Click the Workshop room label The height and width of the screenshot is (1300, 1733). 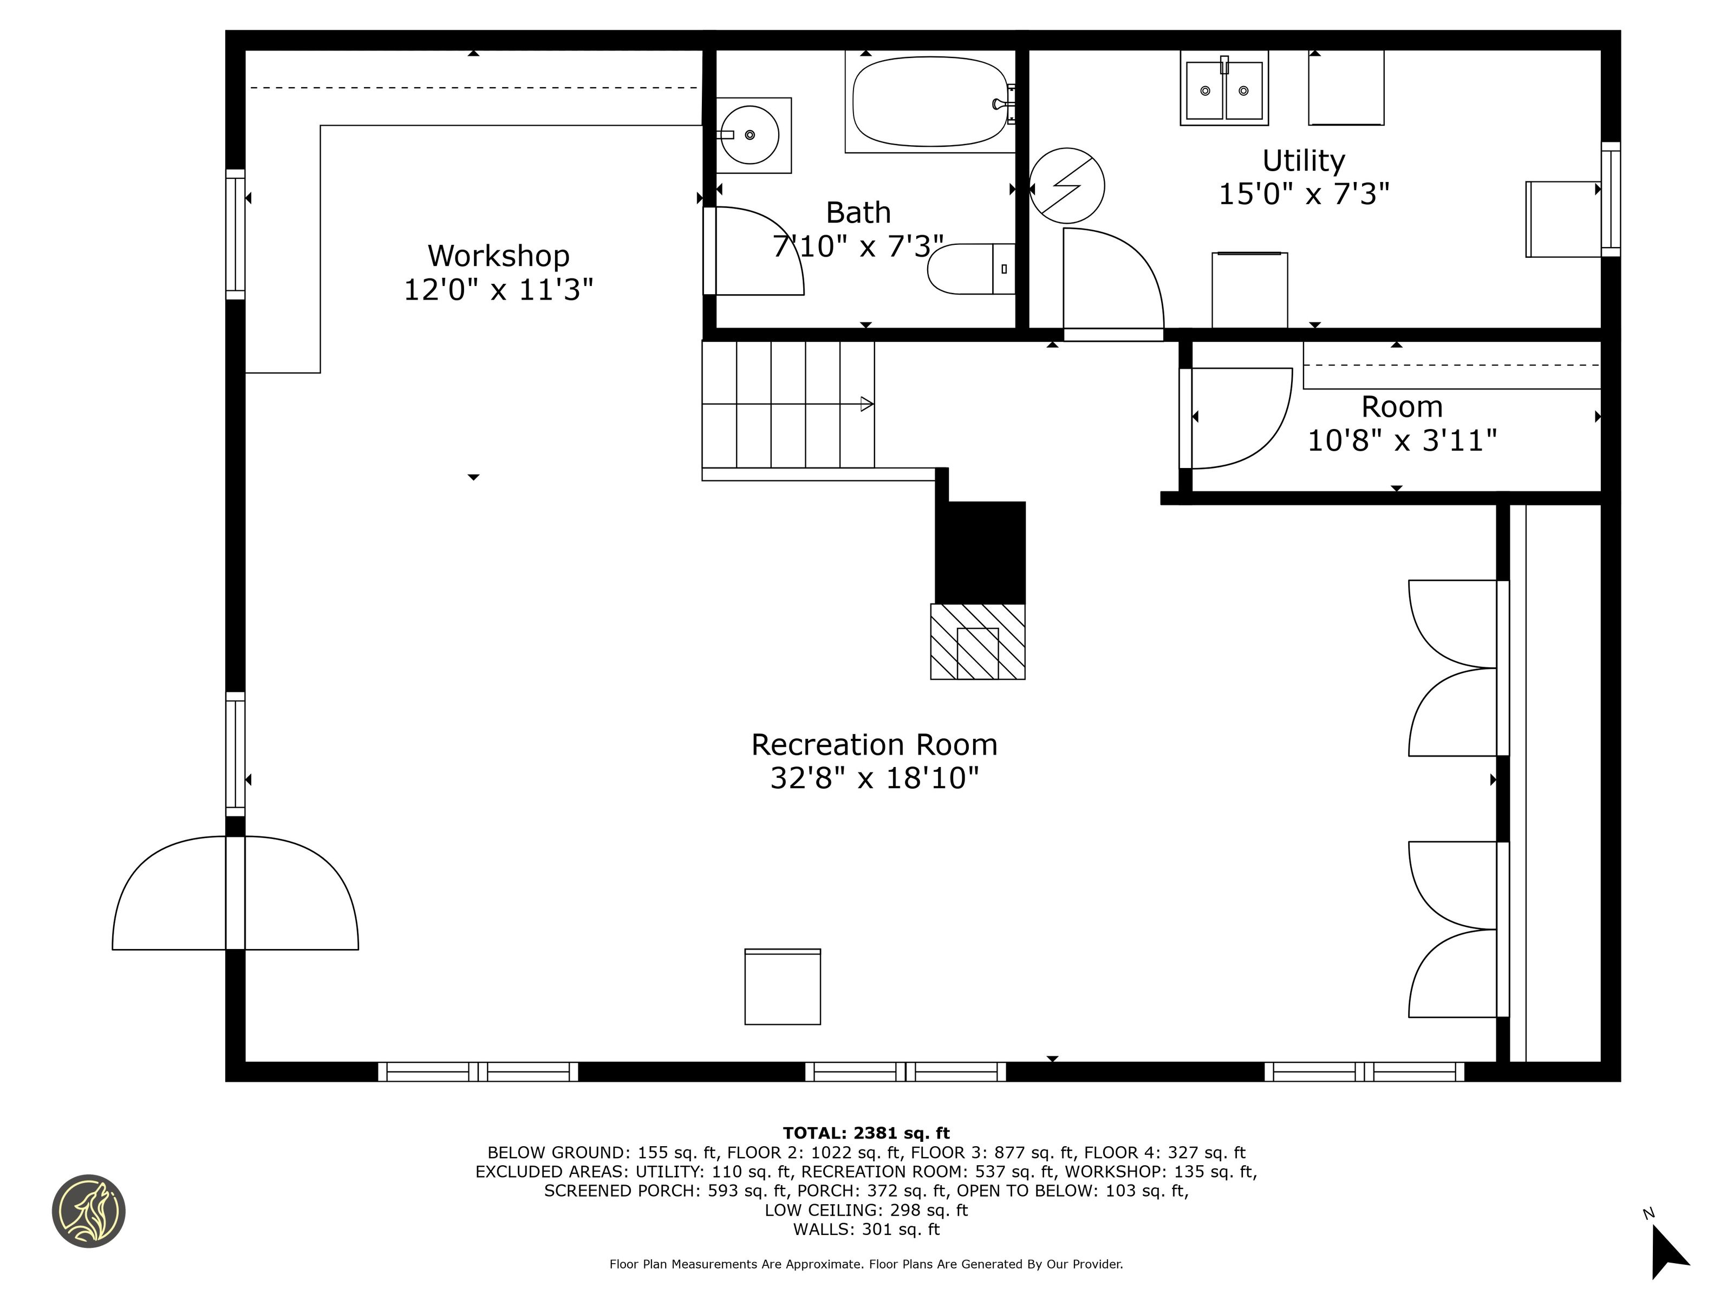click(498, 256)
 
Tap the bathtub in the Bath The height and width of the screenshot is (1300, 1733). click(930, 101)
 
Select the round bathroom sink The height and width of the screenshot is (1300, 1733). click(750, 135)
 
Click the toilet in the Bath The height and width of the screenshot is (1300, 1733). click(972, 269)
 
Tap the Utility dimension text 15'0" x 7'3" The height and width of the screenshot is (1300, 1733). click(1304, 193)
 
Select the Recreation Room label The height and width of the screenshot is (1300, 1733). click(874, 744)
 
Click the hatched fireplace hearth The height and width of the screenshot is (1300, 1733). click(978, 641)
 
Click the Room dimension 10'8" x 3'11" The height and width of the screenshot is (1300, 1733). click(1402, 440)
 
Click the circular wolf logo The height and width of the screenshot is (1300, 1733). click(88, 1211)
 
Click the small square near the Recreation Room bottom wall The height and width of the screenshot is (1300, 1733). click(783, 986)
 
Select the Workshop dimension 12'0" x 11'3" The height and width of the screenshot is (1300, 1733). click(498, 290)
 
